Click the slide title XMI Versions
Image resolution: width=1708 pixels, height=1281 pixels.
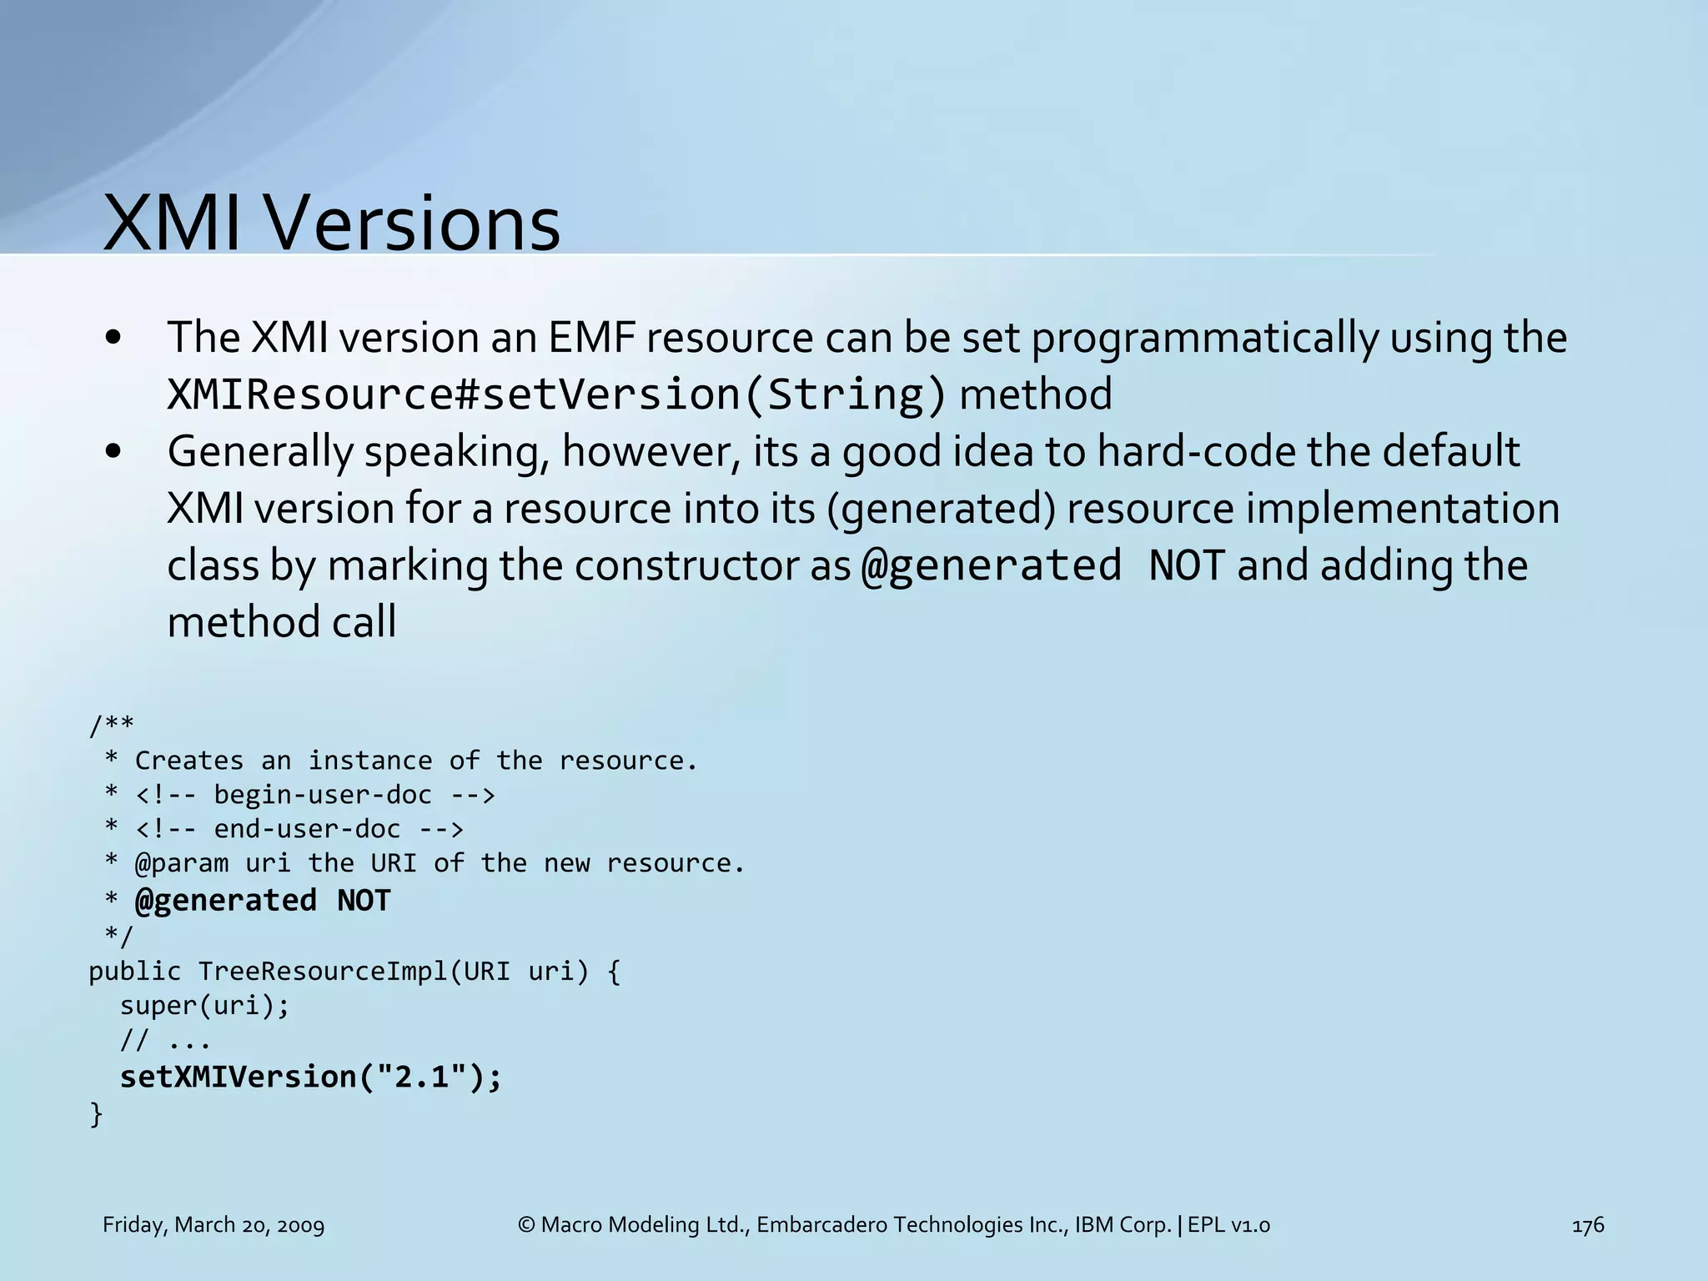(331, 224)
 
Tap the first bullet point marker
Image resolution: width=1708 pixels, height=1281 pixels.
(114, 339)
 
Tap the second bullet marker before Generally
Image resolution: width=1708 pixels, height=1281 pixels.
(114, 452)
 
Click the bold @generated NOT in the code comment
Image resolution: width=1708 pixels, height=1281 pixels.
(263, 901)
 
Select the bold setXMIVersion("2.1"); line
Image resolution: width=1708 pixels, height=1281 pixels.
(311, 1077)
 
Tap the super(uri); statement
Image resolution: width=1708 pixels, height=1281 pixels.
(204, 1006)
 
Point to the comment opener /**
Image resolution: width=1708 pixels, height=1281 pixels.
(112, 725)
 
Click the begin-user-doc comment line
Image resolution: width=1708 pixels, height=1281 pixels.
(314, 795)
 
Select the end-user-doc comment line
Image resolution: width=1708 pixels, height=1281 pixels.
(299, 829)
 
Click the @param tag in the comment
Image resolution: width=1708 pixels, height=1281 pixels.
(182, 863)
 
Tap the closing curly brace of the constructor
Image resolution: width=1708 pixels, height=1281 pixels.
(96, 1113)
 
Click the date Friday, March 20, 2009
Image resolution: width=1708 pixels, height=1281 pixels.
(213, 1225)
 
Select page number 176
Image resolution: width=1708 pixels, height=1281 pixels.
(1587, 1225)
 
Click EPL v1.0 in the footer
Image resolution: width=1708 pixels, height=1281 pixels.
(1228, 1225)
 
